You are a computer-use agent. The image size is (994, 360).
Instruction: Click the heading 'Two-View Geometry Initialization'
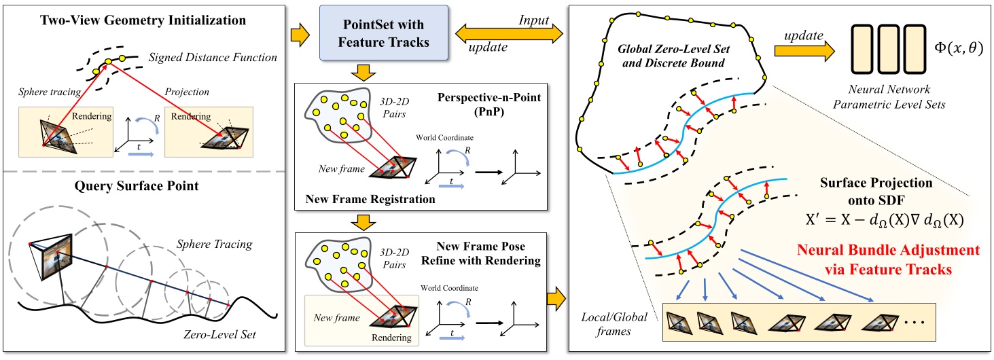tap(144, 20)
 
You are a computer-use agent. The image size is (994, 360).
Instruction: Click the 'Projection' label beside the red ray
tap(193, 90)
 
